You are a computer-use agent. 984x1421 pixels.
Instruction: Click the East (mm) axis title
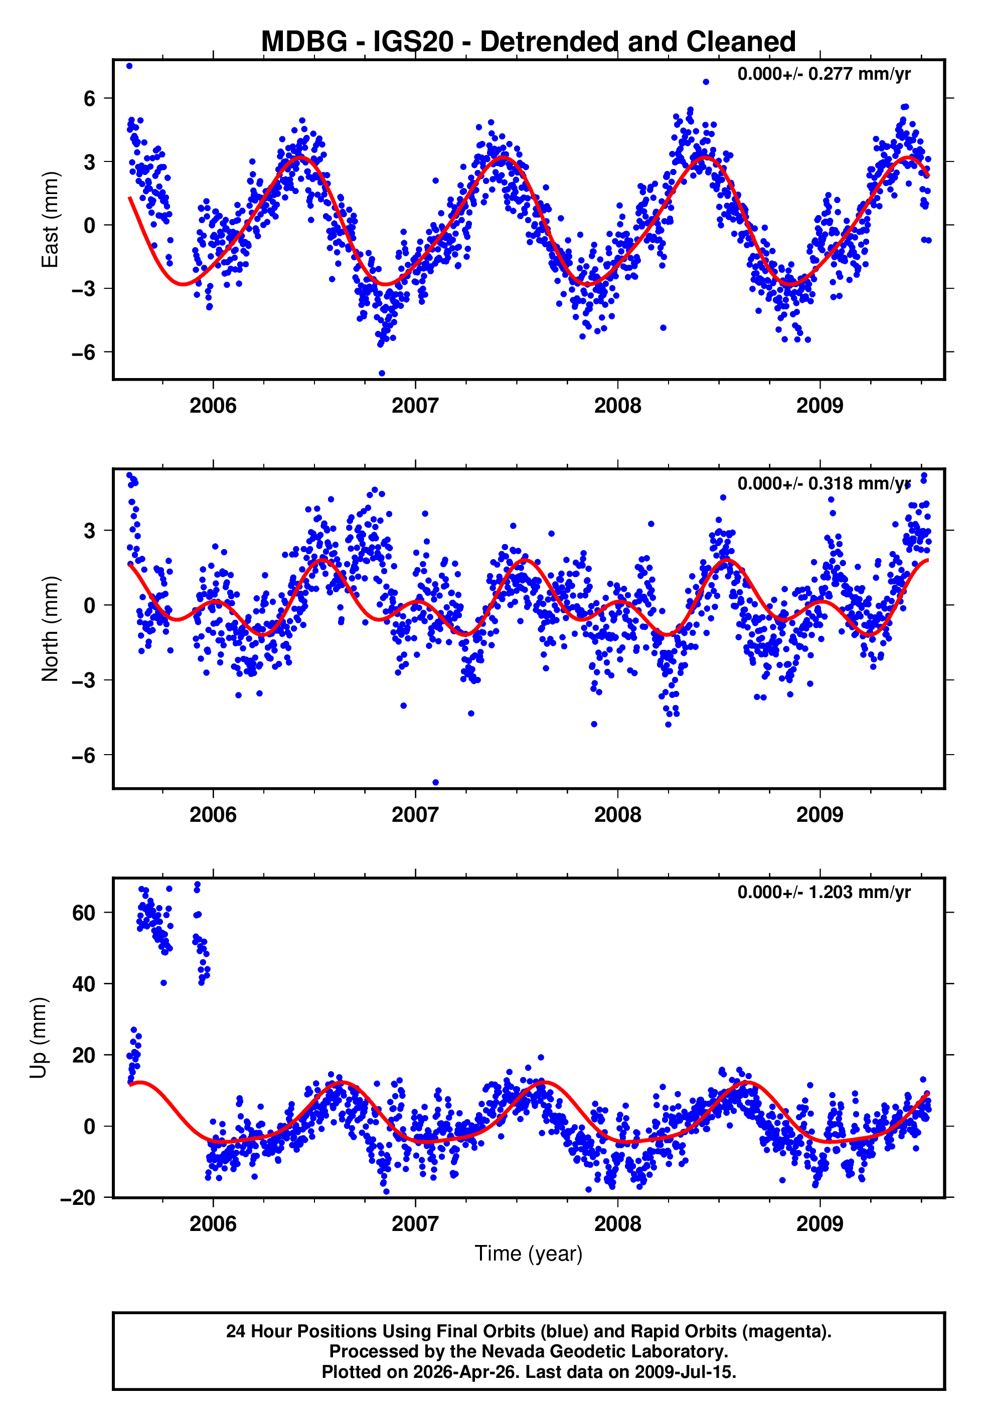[x=49, y=220]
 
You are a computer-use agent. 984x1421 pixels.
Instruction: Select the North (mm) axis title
[x=49, y=629]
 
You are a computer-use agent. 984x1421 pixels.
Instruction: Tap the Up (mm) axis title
[x=38, y=1038]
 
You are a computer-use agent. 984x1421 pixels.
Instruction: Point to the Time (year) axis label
[x=529, y=1254]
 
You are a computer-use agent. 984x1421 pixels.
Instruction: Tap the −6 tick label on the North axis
[x=83, y=755]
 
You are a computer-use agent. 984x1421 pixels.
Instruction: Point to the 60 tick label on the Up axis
[x=83, y=913]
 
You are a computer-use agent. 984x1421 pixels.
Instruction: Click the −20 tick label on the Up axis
[x=78, y=1198]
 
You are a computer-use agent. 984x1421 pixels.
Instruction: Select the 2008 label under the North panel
[x=617, y=815]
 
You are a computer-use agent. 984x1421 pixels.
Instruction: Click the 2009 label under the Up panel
[x=819, y=1223]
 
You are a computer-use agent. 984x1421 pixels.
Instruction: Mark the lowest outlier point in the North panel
[x=435, y=782]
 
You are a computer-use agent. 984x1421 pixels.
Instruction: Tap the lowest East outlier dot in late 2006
[x=382, y=373]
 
